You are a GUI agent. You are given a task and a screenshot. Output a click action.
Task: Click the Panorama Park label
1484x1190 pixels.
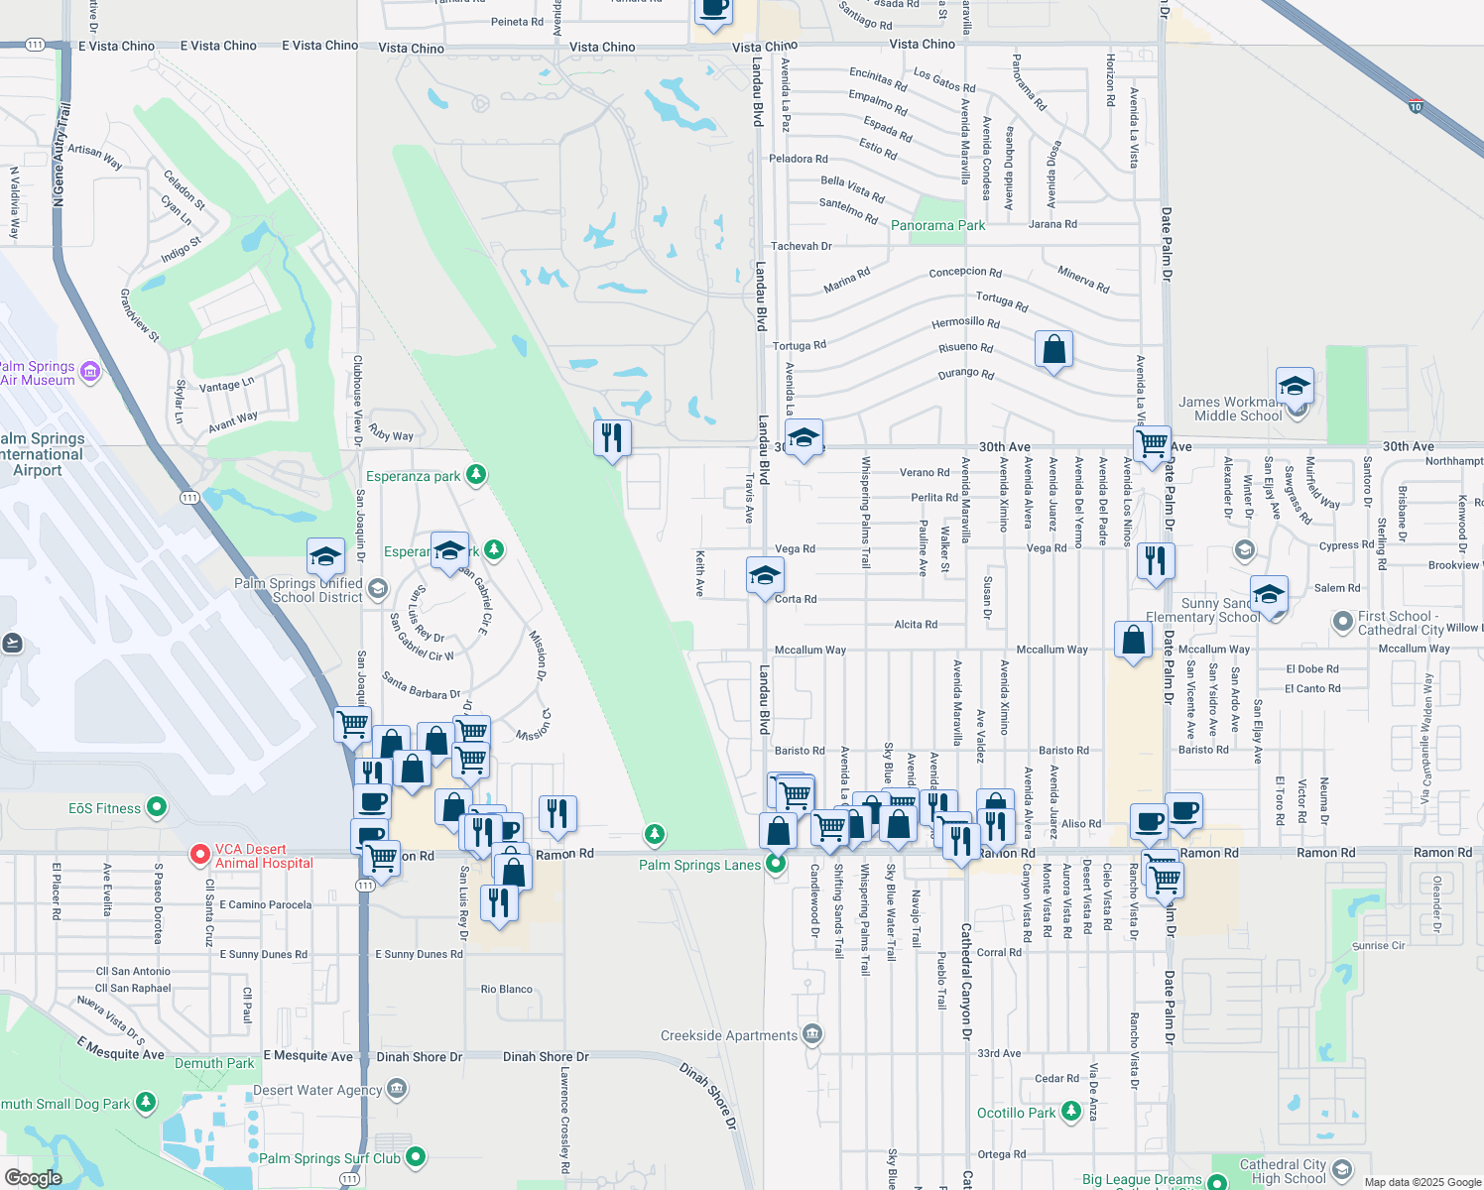937,226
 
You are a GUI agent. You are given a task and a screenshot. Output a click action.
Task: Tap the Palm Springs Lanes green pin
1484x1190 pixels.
776,864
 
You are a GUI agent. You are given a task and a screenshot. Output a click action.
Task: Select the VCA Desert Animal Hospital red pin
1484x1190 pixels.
199,854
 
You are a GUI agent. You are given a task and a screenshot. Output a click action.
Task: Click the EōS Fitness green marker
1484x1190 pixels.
157,808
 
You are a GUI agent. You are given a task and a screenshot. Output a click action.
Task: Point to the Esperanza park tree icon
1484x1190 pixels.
476,475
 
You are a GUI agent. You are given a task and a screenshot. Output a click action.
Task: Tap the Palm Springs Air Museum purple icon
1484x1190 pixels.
90,372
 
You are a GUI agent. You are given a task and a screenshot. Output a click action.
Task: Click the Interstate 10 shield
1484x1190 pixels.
1415,105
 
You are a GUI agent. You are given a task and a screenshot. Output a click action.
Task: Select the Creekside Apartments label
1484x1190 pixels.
729,1036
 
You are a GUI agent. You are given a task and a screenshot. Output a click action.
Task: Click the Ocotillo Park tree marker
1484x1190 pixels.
1070,1112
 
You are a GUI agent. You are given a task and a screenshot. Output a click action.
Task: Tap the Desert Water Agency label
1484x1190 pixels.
317,1091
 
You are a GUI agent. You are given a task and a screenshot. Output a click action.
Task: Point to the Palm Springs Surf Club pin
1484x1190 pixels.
416,1156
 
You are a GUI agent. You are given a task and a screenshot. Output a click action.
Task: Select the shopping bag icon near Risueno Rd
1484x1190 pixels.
1053,350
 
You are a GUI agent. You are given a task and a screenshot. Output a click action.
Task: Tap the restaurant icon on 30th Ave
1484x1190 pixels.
612,437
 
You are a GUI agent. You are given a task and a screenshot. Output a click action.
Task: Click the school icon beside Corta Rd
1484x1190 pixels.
765,575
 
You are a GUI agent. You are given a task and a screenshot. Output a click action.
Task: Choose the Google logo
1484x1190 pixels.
33,1178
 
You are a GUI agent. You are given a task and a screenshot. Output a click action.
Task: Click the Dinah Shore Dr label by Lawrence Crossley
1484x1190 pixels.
546,1057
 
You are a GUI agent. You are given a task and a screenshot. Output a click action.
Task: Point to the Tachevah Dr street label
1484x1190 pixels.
802,246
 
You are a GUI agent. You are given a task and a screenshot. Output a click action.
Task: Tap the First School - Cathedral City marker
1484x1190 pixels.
1342,622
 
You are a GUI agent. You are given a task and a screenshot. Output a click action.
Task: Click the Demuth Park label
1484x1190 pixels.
214,1064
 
